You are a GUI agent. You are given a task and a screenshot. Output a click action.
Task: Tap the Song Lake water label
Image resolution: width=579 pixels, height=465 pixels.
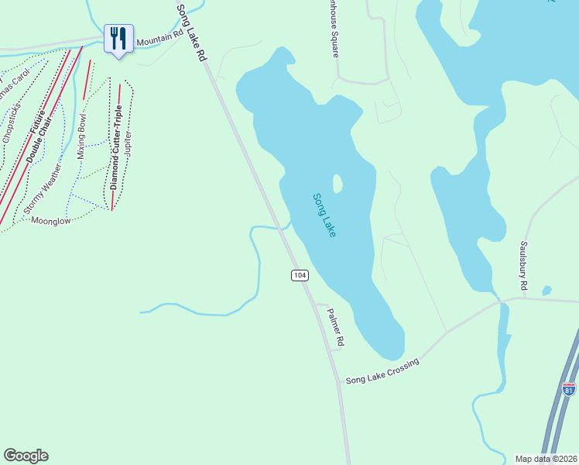(x=325, y=215)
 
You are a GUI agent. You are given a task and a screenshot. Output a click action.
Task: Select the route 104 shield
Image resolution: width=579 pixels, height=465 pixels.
(x=300, y=275)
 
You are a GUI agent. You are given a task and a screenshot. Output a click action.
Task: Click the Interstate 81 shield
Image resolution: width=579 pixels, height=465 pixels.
(x=569, y=389)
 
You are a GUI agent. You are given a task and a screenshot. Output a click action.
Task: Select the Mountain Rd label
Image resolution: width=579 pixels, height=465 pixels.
(x=159, y=42)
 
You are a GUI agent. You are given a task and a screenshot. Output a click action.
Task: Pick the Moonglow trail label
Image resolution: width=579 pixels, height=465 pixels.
(x=51, y=221)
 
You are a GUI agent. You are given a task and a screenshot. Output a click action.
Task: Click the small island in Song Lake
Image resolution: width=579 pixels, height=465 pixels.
(x=337, y=184)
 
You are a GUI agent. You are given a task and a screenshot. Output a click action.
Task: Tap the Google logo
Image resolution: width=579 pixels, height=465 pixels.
(x=26, y=456)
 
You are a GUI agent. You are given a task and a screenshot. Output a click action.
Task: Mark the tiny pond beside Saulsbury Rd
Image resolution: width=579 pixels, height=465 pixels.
(x=547, y=291)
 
